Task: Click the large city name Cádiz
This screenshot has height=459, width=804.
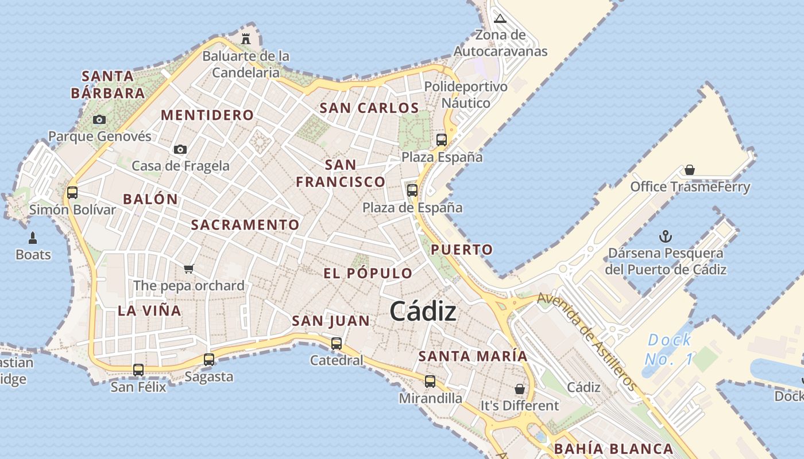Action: tap(423, 312)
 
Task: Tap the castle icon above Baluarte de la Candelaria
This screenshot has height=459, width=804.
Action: tap(246, 38)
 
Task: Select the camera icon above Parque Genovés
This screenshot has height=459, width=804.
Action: tap(99, 119)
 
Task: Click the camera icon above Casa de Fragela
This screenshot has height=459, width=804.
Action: tap(180, 149)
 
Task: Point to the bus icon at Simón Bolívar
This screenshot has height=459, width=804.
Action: tap(72, 192)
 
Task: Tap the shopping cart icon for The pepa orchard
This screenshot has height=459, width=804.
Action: tap(189, 268)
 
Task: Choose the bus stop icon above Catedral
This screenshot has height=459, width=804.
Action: tap(337, 344)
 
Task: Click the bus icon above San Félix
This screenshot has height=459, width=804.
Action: tap(138, 370)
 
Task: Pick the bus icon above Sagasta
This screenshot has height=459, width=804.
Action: tap(209, 360)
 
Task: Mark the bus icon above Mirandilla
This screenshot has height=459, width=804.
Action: tap(430, 381)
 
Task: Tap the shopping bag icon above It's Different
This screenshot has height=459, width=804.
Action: tap(520, 389)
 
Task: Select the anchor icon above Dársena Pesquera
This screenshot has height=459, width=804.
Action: tap(666, 236)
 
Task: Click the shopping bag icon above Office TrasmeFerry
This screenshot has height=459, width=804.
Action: tap(690, 170)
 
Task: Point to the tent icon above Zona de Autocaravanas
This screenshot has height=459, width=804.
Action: tap(500, 18)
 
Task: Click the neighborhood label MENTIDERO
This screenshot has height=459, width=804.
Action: tap(207, 115)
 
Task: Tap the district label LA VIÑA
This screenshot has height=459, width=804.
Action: tap(149, 311)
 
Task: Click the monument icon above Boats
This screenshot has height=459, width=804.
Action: tap(33, 238)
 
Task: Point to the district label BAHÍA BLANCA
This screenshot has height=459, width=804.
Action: tap(613, 449)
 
